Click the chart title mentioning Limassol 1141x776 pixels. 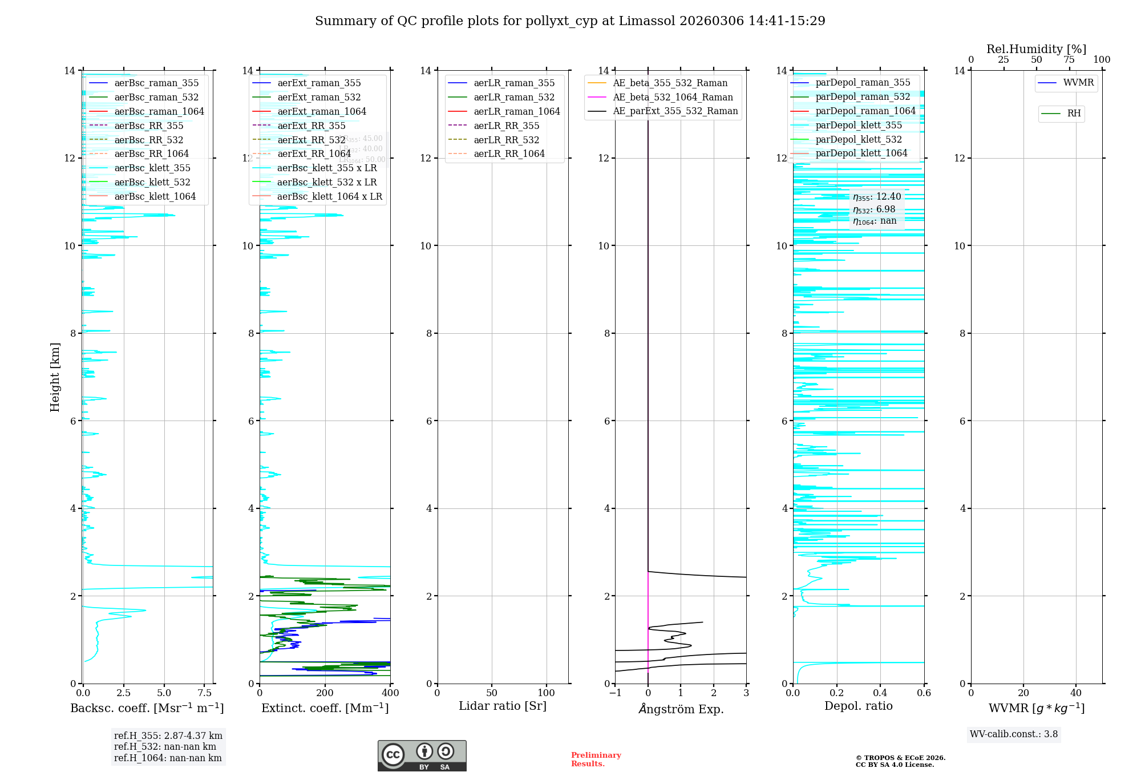[570, 21]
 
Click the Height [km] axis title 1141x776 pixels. [55, 377]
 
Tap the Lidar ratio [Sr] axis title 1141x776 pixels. [503, 706]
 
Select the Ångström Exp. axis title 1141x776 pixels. [681, 709]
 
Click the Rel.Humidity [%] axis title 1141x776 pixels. [1036, 49]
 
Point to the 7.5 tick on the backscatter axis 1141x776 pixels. [204, 693]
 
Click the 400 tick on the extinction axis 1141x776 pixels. [390, 693]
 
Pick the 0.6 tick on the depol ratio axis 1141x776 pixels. [924, 693]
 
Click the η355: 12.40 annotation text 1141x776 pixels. [877, 197]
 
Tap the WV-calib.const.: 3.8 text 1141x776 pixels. [1014, 734]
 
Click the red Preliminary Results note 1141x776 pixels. [596, 759]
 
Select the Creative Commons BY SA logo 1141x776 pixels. [422, 756]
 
